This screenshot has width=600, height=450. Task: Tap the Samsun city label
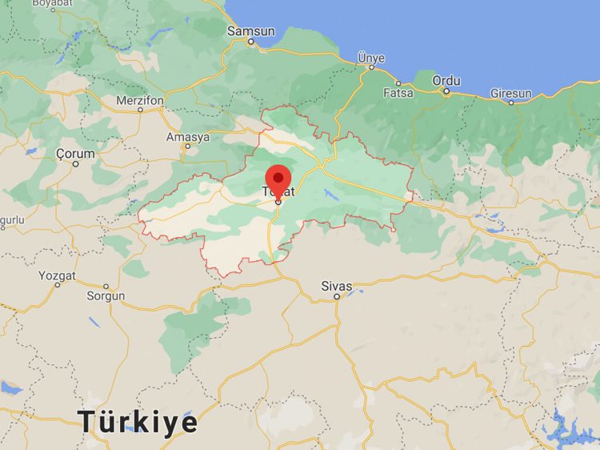[250, 31]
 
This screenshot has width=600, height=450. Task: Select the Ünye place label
[371, 58]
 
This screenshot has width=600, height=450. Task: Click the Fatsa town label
[398, 93]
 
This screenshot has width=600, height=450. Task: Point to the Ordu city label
[446, 80]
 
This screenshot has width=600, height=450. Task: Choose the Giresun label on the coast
[510, 93]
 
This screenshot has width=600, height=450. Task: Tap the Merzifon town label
[139, 100]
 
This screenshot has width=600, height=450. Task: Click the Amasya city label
[187, 137]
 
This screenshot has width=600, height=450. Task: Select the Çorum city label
[75, 153]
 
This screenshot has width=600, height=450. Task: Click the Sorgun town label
[106, 295]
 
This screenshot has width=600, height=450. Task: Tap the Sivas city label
[336, 285]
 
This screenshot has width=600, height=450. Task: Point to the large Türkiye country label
[138, 421]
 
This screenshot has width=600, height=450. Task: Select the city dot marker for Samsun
[250, 41]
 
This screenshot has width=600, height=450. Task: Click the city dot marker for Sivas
[337, 296]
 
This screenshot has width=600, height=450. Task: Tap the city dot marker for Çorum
[76, 163]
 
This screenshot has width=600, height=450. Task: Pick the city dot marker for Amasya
[187, 147]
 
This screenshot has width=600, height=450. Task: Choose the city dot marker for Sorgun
[106, 286]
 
